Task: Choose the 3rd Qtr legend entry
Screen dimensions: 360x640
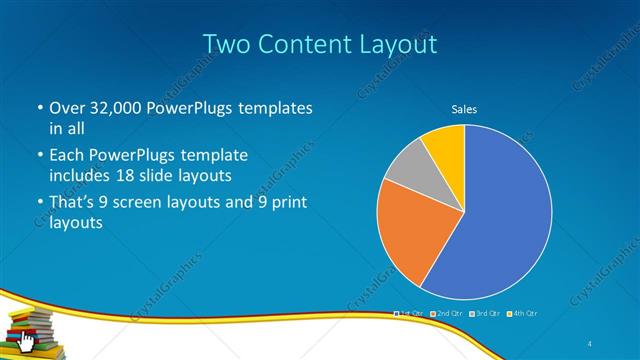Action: pos(484,314)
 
